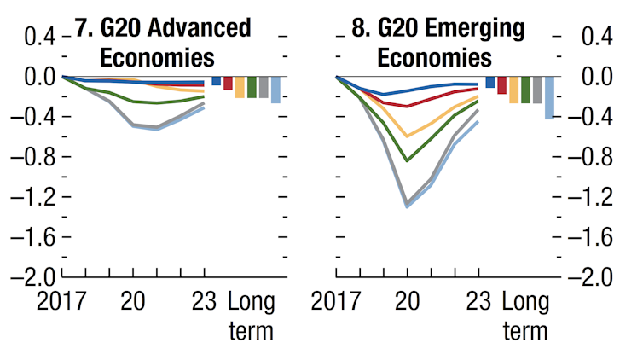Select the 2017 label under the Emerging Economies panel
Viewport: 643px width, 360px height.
tap(336, 301)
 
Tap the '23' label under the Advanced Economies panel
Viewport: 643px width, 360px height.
tap(205, 301)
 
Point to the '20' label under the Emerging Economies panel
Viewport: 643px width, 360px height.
tap(408, 301)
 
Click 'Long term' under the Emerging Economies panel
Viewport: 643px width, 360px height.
tap(525, 316)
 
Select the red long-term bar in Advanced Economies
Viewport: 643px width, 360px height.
tap(228, 83)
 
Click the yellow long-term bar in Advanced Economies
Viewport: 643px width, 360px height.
tap(240, 87)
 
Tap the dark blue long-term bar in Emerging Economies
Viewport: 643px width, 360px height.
tap(490, 82)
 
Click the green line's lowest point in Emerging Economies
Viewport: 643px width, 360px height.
tap(408, 160)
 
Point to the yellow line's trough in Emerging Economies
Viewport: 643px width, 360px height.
tap(408, 136)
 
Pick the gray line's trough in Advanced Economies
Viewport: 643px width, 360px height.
tap(157, 127)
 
